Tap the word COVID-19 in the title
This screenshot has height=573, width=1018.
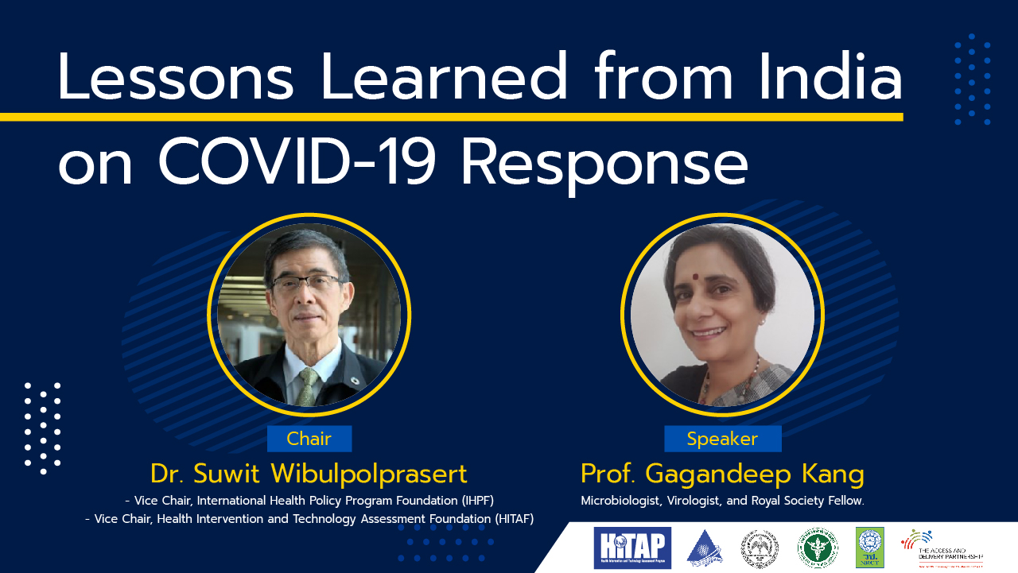[x=297, y=164]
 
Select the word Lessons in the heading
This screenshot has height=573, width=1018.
[x=176, y=78]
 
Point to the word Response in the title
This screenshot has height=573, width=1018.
[x=604, y=165]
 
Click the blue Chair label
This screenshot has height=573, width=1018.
[x=309, y=439]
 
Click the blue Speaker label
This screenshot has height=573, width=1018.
[x=722, y=439]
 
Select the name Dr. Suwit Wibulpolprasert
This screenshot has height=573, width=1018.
[x=309, y=474]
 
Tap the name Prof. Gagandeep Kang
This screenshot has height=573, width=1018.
[x=722, y=474]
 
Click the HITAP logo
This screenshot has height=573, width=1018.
[x=632, y=548]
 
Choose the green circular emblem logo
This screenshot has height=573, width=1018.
[x=818, y=548]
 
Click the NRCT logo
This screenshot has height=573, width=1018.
[x=869, y=548]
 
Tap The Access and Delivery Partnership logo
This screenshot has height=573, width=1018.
[x=942, y=548]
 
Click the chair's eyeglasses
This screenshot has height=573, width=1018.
[x=306, y=284]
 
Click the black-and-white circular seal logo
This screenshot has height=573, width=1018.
[x=760, y=548]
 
